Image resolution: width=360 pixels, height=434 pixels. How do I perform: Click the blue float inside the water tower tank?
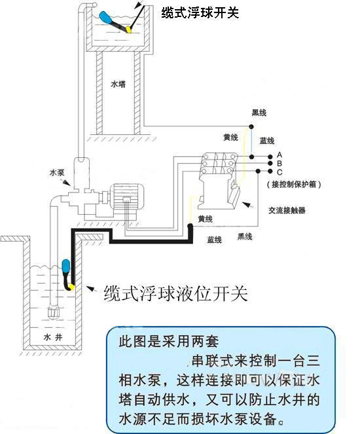click(x=105, y=17)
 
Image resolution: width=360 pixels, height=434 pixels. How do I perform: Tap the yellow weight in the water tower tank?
click(x=129, y=29)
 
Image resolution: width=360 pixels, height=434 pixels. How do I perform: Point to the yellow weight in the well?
click(x=72, y=287)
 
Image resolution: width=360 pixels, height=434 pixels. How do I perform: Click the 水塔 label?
click(x=118, y=84)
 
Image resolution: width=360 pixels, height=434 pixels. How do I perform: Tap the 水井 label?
click(x=53, y=337)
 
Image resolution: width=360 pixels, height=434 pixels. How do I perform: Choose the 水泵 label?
click(x=57, y=173)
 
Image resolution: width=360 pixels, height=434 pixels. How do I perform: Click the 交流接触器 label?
click(x=287, y=210)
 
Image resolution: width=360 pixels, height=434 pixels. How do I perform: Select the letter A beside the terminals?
click(x=279, y=154)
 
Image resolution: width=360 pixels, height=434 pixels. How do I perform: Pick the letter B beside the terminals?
click(x=279, y=163)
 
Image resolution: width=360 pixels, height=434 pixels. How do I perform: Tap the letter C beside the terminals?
click(x=279, y=172)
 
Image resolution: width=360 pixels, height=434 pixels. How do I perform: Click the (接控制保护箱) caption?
click(x=294, y=185)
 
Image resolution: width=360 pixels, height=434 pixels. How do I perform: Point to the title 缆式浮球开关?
click(x=200, y=12)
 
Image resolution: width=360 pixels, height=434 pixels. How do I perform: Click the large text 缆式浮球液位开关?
click(x=175, y=293)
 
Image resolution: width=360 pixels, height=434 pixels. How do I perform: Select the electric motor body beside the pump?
click(x=126, y=198)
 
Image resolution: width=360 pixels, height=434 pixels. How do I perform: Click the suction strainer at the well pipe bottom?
click(x=54, y=312)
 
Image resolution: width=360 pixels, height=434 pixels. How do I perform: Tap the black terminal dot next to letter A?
click(x=270, y=156)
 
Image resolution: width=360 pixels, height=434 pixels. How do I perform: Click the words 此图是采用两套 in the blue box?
click(x=169, y=342)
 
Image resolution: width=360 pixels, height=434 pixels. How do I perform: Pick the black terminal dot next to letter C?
click(x=270, y=171)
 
